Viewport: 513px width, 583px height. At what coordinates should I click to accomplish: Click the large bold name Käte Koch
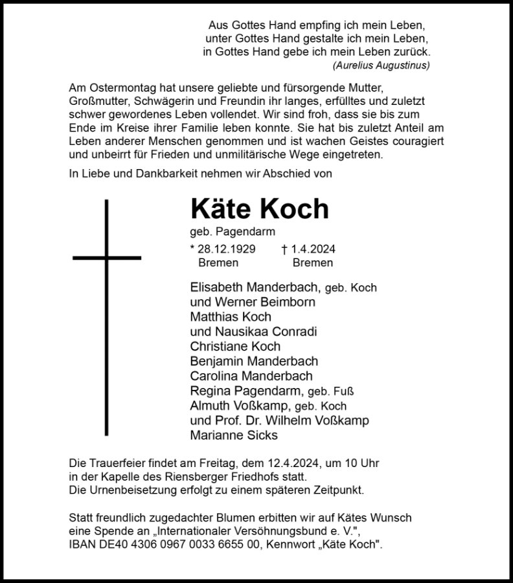(260, 209)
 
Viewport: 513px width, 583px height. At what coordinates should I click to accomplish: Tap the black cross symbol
(107, 257)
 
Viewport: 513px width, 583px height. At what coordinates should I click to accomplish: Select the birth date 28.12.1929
(223, 249)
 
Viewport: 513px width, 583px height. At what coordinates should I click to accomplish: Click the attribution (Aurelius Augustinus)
(381, 65)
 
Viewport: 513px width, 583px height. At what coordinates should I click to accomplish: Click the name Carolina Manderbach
(251, 376)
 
